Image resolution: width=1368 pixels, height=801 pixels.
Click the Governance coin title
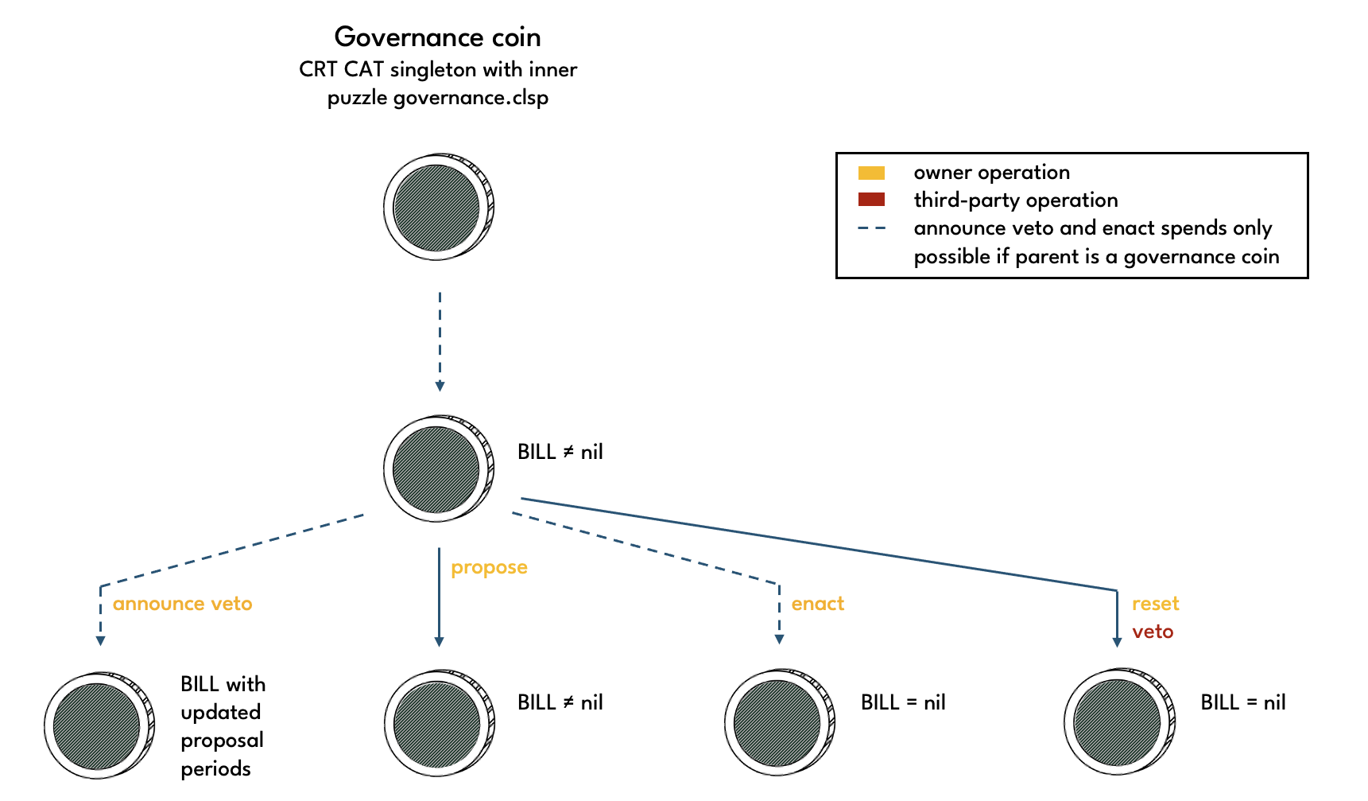click(437, 37)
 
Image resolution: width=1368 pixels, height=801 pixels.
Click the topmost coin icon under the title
click(438, 207)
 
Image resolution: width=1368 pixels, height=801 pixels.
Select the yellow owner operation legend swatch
click(871, 173)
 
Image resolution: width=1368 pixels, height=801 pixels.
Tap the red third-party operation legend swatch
click(871, 200)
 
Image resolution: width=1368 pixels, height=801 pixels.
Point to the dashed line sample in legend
click(871, 228)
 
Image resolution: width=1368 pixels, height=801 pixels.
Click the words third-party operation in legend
click(1015, 200)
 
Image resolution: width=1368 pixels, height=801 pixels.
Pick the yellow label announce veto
click(182, 604)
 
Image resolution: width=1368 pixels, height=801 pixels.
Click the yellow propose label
click(489, 567)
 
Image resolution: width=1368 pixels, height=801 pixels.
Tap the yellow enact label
click(817, 604)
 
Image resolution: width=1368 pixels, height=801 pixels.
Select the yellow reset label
click(1155, 604)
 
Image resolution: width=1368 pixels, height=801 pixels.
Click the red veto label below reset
click(1153, 632)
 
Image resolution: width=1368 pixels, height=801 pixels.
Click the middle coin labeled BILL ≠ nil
click(438, 469)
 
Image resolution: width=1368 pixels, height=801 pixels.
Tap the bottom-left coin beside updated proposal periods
click(99, 725)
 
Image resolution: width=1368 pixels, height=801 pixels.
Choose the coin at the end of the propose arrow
click(438, 723)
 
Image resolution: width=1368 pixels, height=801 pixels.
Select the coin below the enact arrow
click(778, 723)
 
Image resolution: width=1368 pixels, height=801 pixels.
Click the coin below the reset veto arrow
click(1118, 723)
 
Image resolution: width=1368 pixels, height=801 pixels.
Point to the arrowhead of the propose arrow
click(439, 641)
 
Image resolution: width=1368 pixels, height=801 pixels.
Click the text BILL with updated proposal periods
click(223, 726)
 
